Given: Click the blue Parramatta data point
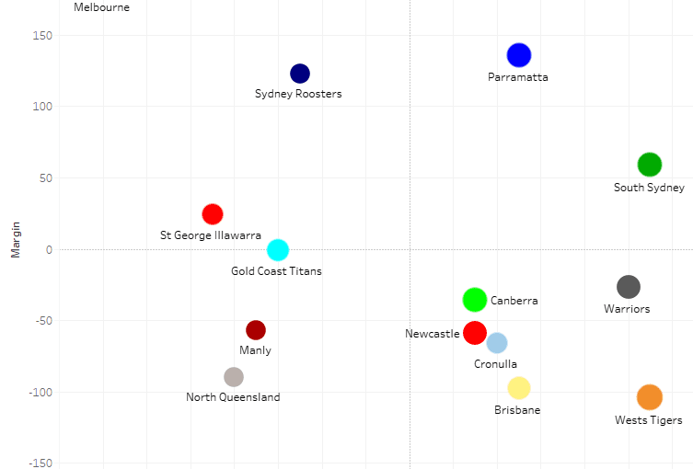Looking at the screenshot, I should pos(519,55).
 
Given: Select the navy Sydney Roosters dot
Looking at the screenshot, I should pos(300,74).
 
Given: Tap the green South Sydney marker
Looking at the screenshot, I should pos(650,165).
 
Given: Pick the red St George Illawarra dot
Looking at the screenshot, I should pos(213,214).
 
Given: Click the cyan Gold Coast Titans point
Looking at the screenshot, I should pos(278,250).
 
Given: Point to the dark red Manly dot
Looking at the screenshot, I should pos(256,330).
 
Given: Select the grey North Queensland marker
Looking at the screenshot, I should pos(234,377).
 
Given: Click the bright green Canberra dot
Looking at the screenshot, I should pos(475,299).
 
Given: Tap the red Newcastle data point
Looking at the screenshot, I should pos(475,332).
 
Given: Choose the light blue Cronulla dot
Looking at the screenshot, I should pos(497,343).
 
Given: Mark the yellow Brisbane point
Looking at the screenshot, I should pos(519,388).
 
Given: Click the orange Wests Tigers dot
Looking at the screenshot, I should pos(650,397).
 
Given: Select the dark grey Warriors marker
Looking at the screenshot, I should pos(628,287).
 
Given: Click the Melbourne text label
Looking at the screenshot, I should pos(101,7).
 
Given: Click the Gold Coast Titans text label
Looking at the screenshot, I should pos(276,271).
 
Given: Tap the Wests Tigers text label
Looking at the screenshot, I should pos(649,420).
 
